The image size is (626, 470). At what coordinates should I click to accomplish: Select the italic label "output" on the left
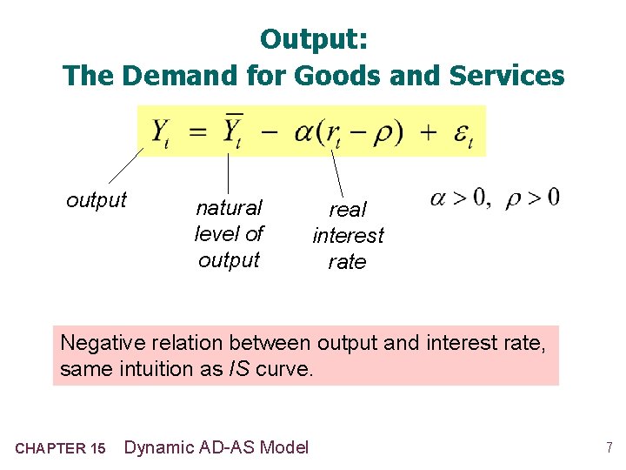click(x=97, y=200)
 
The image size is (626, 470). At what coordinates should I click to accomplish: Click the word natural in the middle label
click(x=229, y=208)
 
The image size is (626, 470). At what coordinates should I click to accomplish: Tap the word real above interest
click(x=348, y=210)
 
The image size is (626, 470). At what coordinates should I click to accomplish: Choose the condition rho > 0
click(x=532, y=198)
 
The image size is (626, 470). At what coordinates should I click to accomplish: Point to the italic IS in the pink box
click(x=240, y=369)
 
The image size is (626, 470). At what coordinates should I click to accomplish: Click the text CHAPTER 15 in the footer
click(x=61, y=449)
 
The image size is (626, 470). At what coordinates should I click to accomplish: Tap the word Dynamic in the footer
click(x=160, y=447)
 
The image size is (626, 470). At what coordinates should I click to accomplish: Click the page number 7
click(x=608, y=448)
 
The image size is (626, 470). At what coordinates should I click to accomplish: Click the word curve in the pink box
click(x=283, y=369)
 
